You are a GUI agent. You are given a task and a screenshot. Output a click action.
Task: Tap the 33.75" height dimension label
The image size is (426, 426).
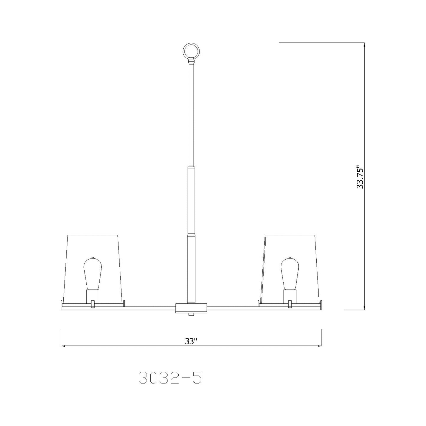tap(360, 177)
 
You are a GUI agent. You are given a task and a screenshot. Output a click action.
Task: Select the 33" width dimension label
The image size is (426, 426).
tap(191, 341)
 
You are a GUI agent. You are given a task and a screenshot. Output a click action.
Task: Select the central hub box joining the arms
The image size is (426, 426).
tap(191, 308)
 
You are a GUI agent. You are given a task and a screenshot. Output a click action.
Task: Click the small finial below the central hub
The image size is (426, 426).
tap(191, 315)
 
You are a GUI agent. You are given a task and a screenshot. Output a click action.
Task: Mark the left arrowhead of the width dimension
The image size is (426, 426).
tap(62, 346)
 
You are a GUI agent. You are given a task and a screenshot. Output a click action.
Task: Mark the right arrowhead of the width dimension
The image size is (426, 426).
tap(320, 346)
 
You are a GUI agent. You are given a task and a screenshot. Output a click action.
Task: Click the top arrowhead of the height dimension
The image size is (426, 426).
tap(365, 45)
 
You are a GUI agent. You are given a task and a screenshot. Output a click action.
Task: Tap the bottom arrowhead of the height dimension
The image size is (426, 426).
tap(365, 308)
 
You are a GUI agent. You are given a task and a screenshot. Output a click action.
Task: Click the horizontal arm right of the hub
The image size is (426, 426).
tap(233, 308)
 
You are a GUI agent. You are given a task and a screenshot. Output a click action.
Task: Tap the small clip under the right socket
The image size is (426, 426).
tap(290, 304)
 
